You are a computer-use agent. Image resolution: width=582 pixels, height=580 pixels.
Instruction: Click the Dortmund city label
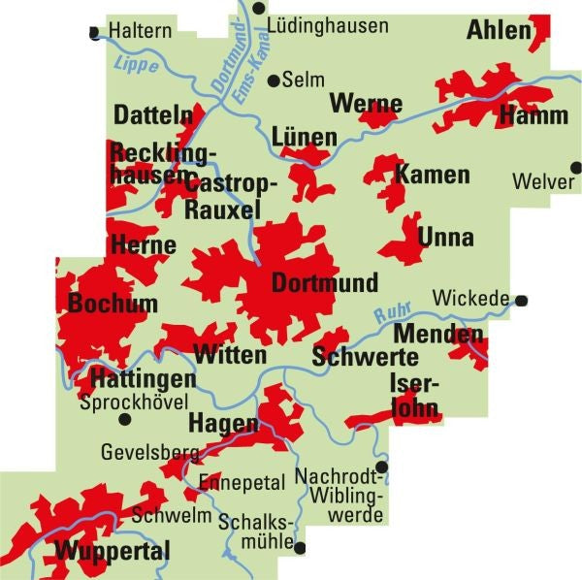pyautogui.click(x=325, y=284)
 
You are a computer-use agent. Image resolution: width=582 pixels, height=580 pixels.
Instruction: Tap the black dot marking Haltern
pyautogui.click(x=94, y=32)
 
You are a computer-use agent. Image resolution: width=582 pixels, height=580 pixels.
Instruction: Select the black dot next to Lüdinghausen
pyautogui.click(x=258, y=8)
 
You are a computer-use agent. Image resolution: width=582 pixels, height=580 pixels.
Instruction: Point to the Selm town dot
pyautogui.click(x=274, y=81)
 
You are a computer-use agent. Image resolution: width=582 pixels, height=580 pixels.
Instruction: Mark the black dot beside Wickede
pyautogui.click(x=522, y=300)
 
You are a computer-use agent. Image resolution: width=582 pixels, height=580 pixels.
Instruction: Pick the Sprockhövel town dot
pyautogui.click(x=124, y=420)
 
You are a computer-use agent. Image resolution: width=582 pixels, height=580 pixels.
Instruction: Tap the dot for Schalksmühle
pyautogui.click(x=300, y=548)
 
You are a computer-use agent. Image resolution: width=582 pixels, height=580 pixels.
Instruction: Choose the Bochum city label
pyautogui.click(x=113, y=304)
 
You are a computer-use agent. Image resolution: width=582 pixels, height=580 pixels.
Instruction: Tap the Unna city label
pyautogui.click(x=445, y=238)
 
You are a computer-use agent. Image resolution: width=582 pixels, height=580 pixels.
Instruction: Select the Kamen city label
pyautogui.click(x=433, y=176)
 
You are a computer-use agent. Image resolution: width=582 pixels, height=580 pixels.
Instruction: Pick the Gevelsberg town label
pyautogui.click(x=148, y=452)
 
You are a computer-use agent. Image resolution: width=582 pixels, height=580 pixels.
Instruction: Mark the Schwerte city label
pyautogui.click(x=351, y=357)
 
